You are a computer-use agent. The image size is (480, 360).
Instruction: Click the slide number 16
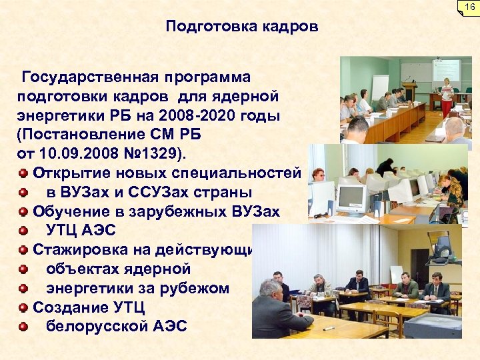(469, 7)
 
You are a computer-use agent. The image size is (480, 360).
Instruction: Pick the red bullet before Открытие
(23, 173)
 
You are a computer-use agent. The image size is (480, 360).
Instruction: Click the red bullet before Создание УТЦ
(23, 307)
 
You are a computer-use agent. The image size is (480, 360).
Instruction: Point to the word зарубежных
(175, 212)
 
